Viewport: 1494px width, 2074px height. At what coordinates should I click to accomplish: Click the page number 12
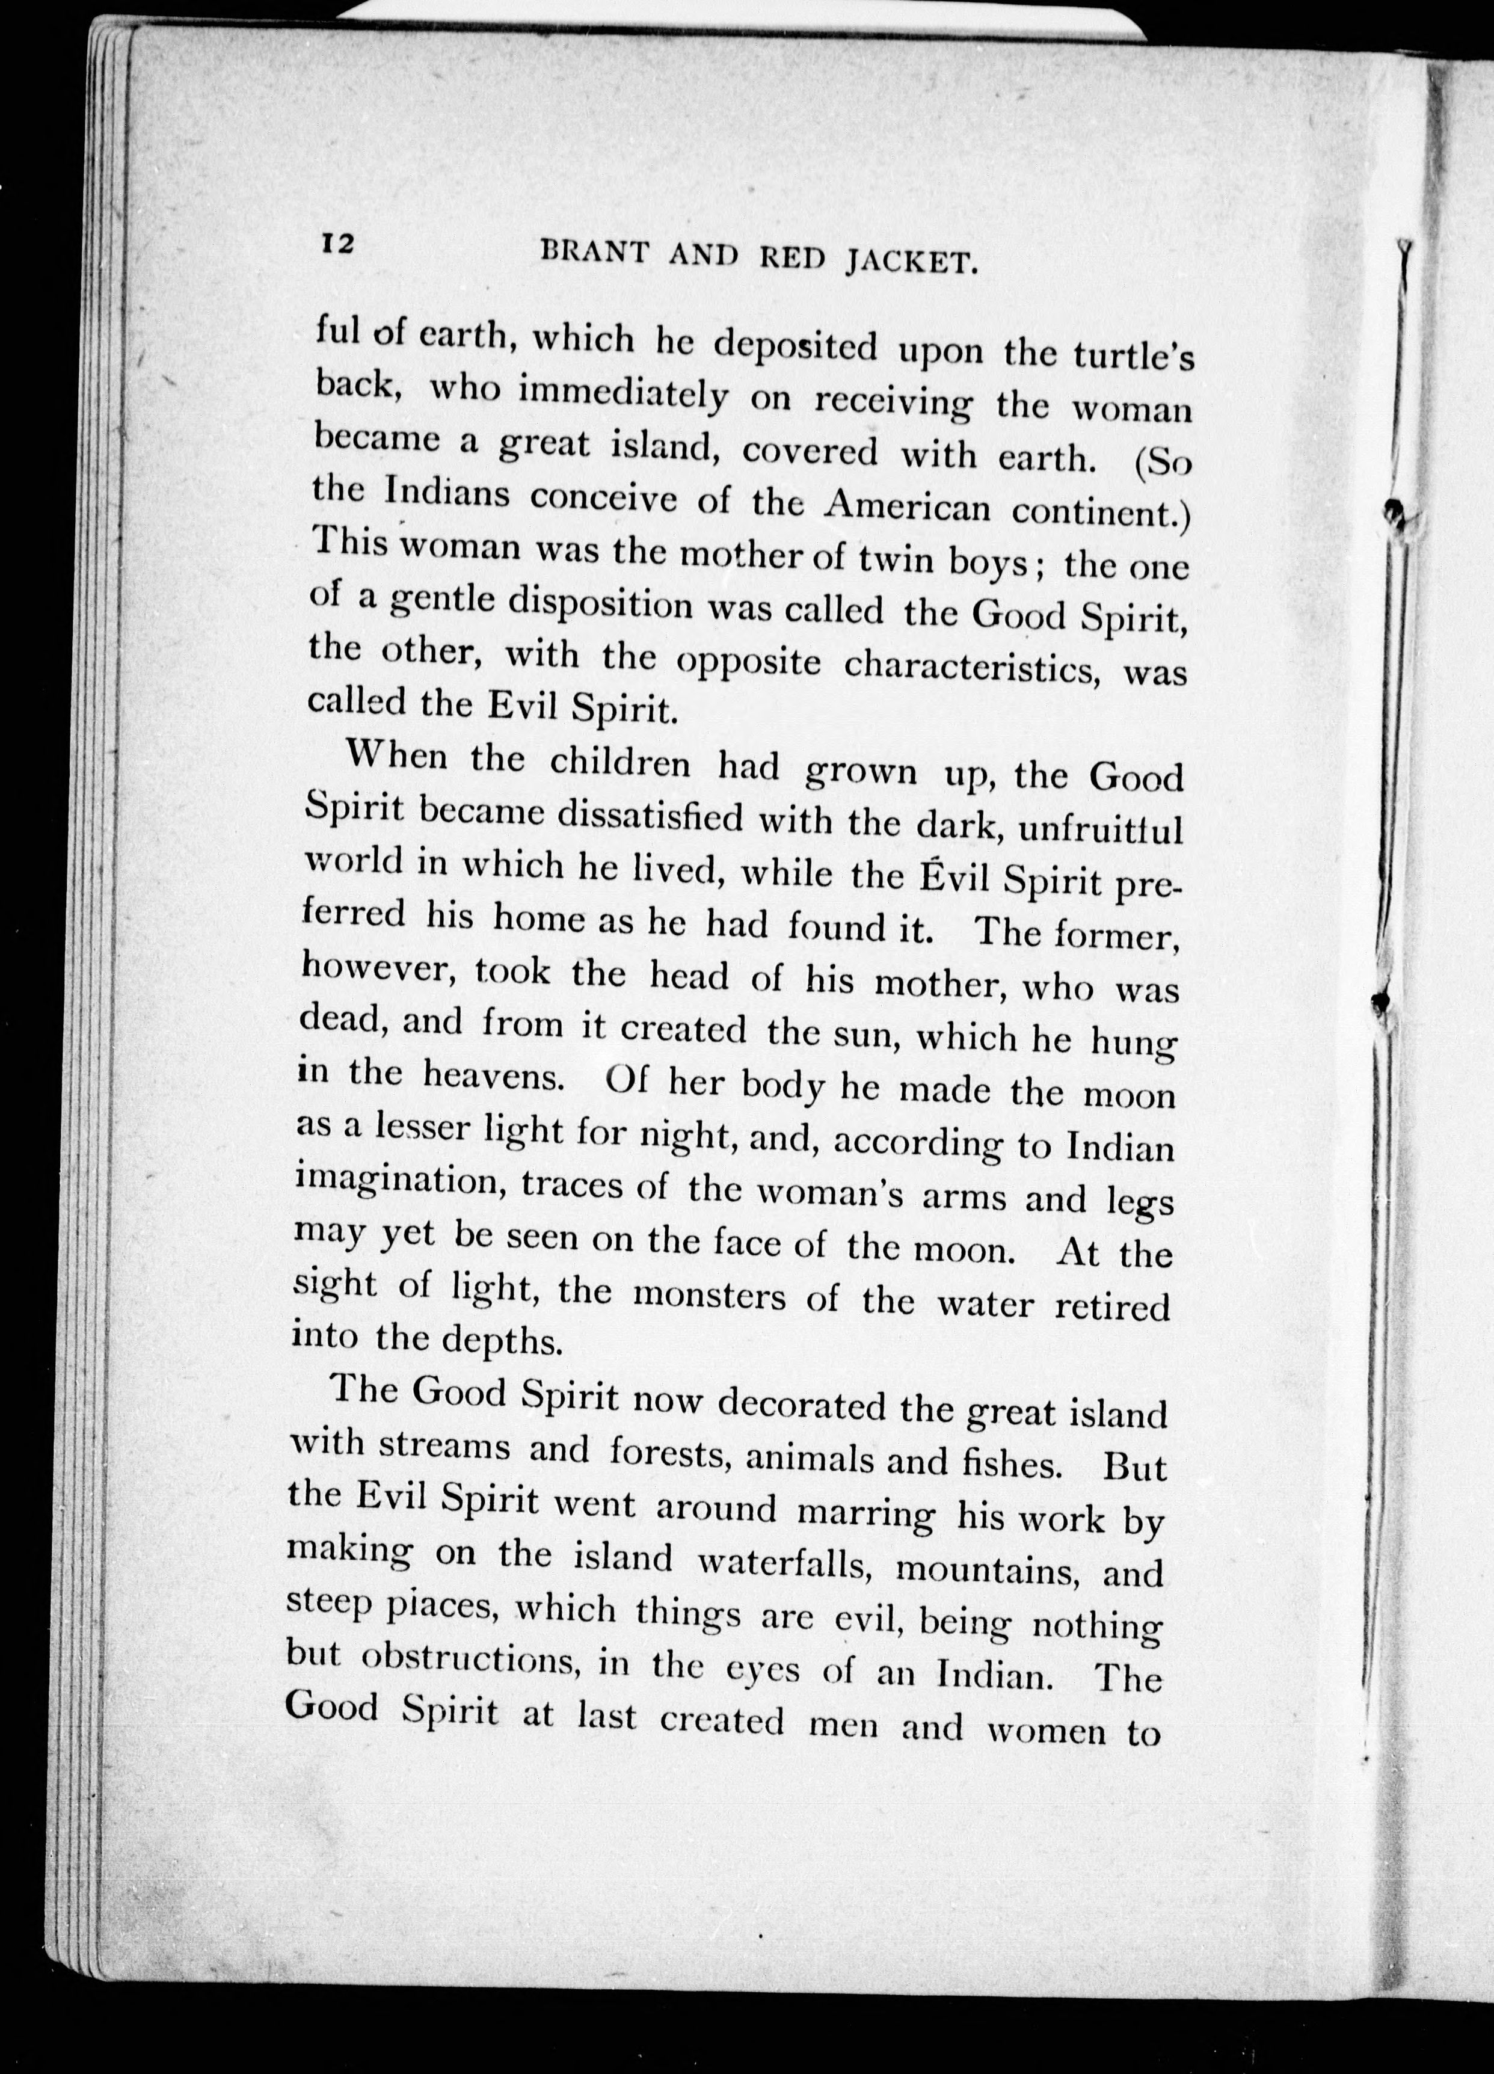pyautogui.click(x=336, y=244)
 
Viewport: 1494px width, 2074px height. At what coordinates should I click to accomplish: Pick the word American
pyautogui.click(x=905, y=506)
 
